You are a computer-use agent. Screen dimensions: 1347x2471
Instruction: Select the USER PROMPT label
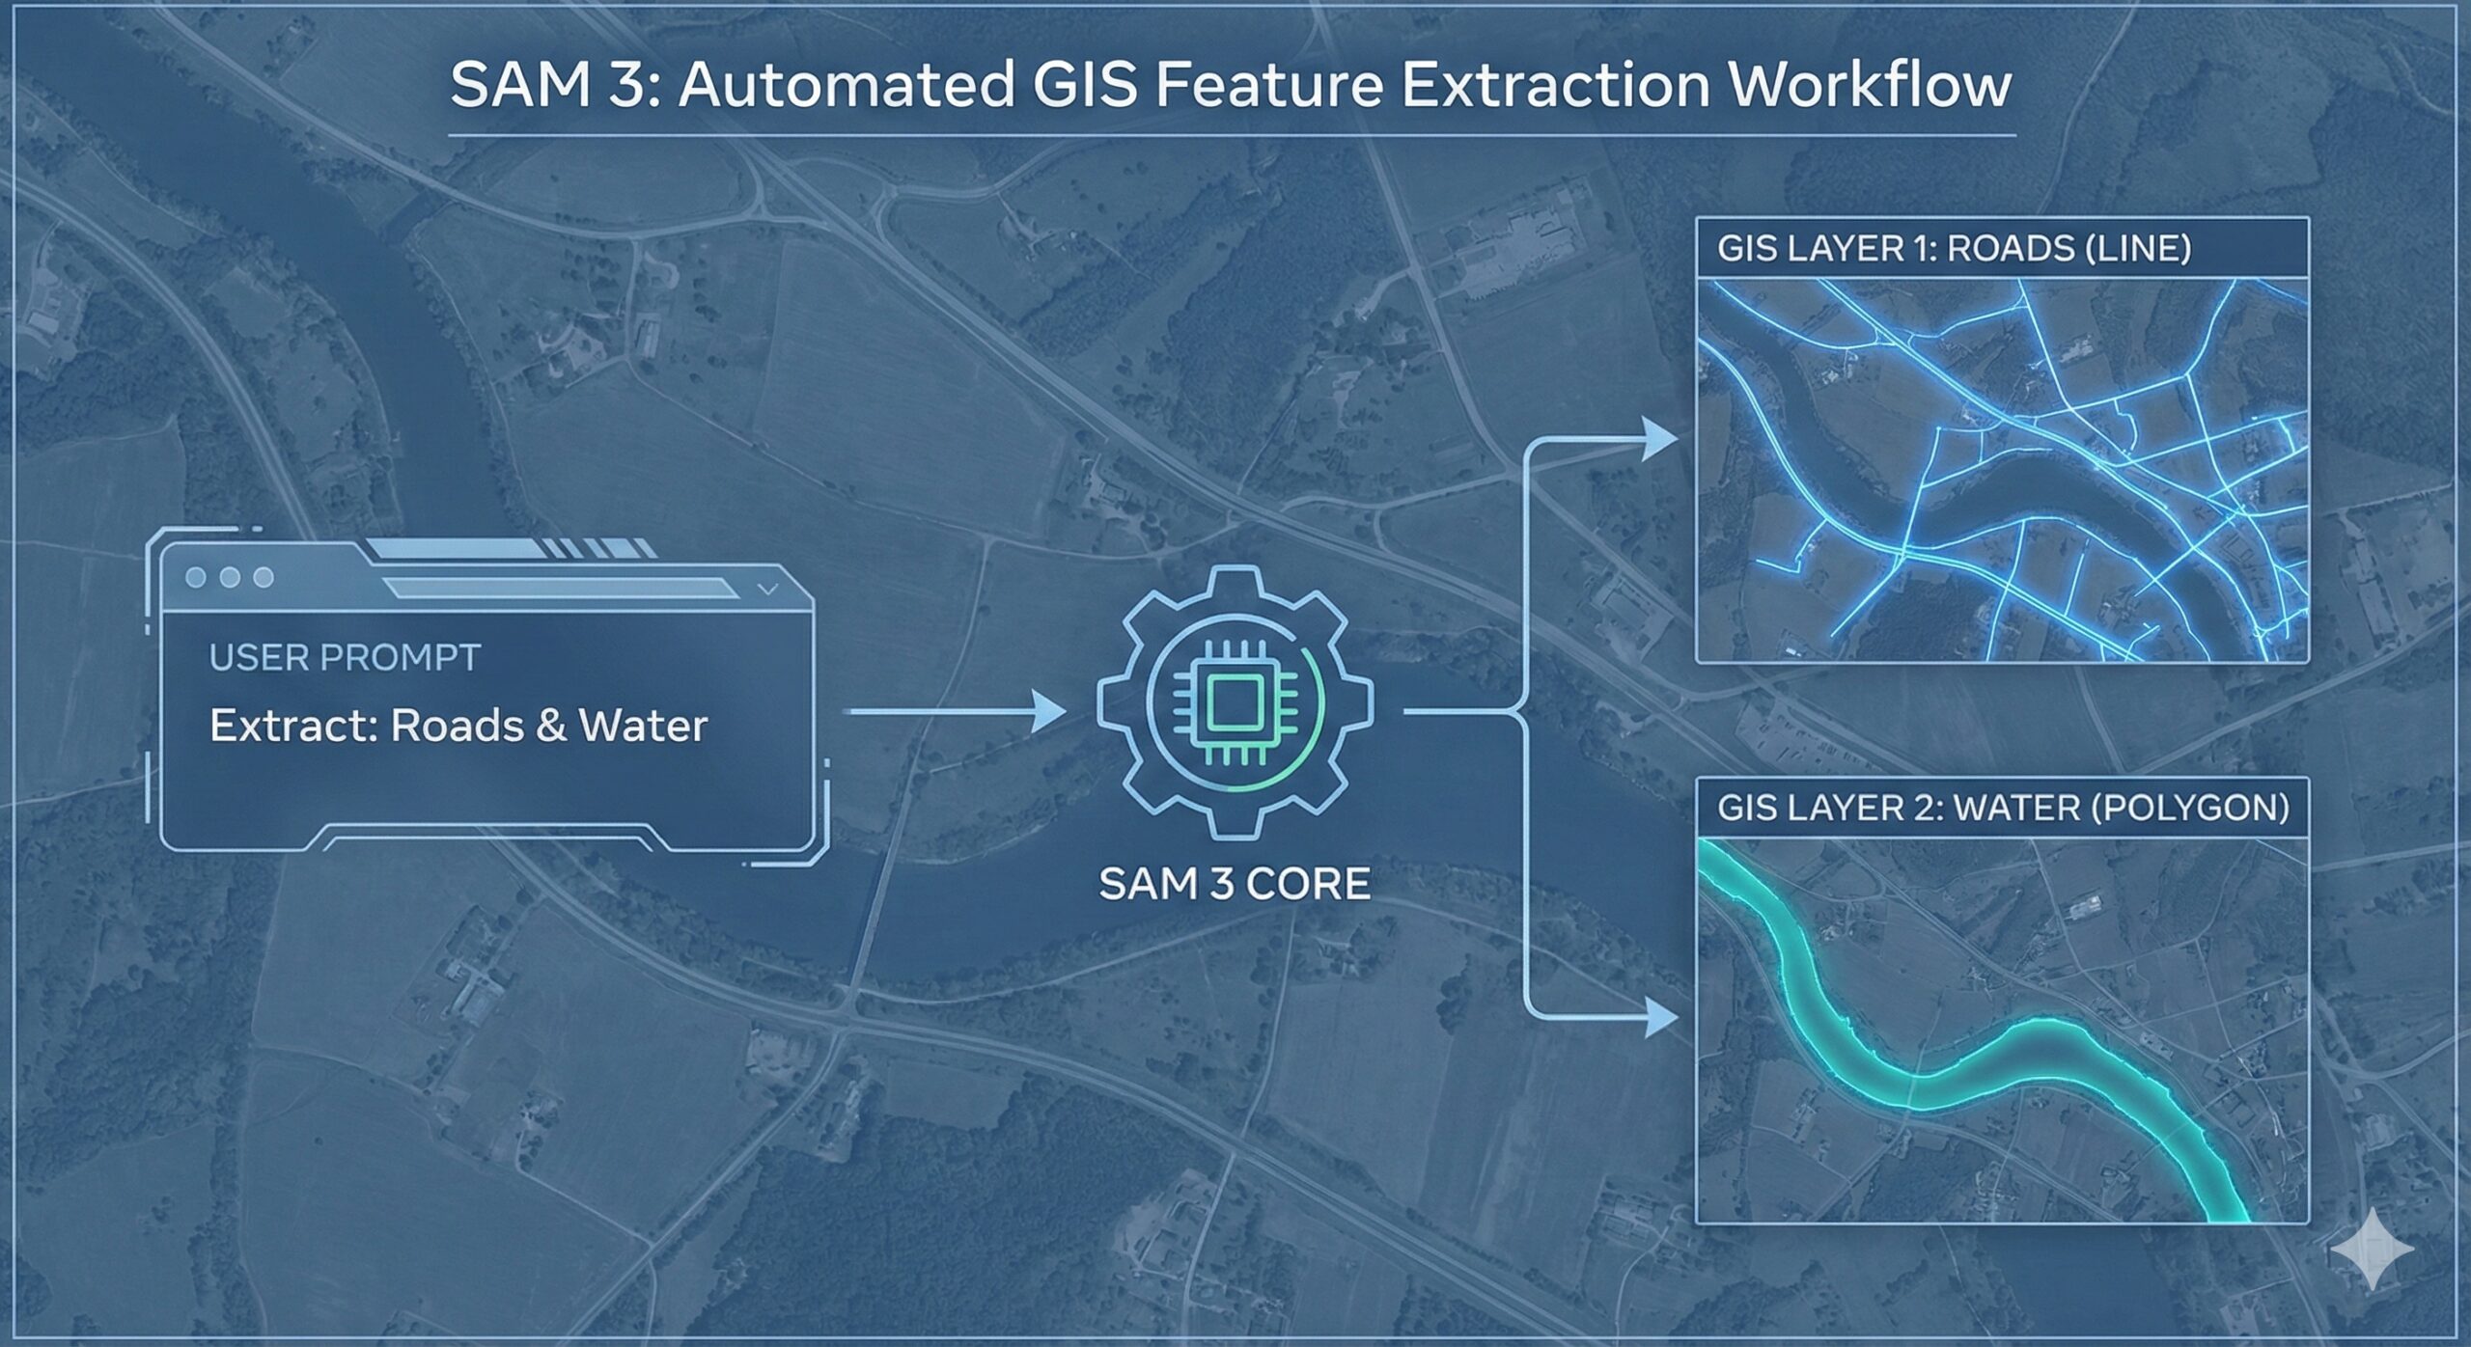point(345,658)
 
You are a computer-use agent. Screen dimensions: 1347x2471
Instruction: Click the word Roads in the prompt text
point(454,726)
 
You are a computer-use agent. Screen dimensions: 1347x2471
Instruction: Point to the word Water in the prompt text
point(643,726)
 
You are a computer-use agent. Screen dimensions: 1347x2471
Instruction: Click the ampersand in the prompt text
point(550,726)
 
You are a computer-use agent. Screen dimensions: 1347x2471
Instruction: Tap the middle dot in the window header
point(230,577)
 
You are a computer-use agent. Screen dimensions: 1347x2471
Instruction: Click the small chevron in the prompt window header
point(768,588)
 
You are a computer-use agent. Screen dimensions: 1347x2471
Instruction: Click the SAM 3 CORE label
point(1235,884)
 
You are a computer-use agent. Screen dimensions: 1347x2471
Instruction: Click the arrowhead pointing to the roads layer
point(1660,440)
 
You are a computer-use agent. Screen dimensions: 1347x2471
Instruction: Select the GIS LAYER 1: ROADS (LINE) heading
point(1954,249)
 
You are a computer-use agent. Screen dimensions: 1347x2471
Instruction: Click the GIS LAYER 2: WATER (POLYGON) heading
point(2003,807)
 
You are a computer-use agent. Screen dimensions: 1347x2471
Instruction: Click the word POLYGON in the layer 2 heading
point(2190,807)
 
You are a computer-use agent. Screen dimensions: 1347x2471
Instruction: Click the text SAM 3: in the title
point(555,85)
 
